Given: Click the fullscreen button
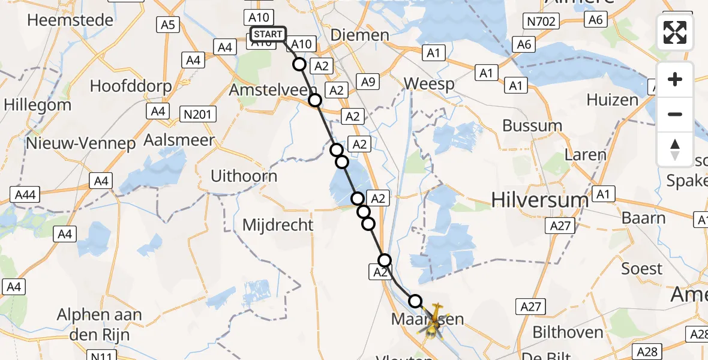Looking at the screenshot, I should (x=675, y=32).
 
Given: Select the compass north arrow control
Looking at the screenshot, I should (x=675, y=149).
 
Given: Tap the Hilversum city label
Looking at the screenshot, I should (x=539, y=200).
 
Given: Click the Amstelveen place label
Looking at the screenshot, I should (x=268, y=91).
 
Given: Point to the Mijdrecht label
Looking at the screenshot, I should (x=278, y=225).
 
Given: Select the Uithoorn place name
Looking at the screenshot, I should (x=244, y=176).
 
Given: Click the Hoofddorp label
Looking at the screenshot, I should (x=131, y=86).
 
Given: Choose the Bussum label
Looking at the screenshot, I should (x=532, y=126).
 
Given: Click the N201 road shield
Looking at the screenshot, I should (x=197, y=113).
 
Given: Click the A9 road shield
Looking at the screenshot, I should (x=367, y=82).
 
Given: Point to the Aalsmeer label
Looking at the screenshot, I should (x=179, y=140).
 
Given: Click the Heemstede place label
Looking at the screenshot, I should (x=70, y=20).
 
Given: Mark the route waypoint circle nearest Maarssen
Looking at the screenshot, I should (x=415, y=301).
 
